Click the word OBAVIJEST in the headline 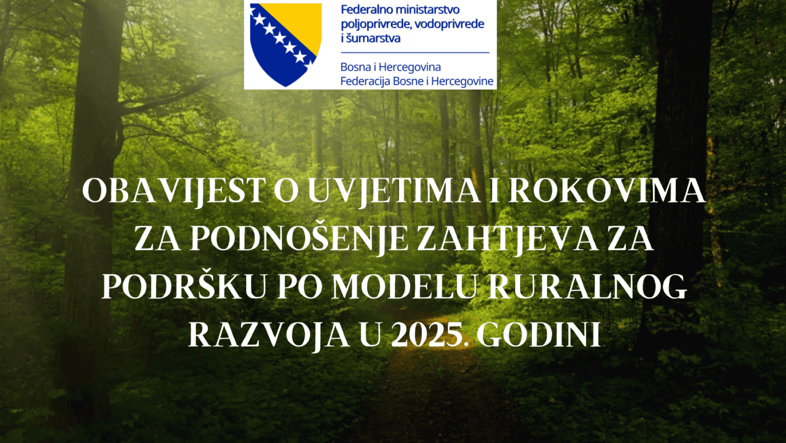[x=174, y=191]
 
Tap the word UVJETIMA [x=394, y=191]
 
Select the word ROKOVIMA [x=607, y=191]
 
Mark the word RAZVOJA [x=268, y=336]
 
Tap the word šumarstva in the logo [x=373, y=38]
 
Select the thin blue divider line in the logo [x=415, y=53]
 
